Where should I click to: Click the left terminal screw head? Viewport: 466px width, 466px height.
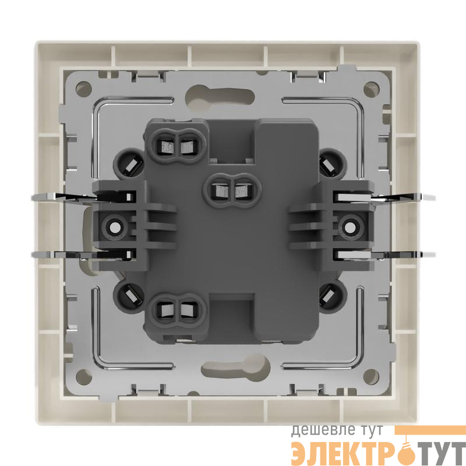coord(114,228)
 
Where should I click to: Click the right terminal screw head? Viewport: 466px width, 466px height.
coord(350,228)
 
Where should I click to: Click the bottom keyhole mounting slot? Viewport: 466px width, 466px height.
coord(235,370)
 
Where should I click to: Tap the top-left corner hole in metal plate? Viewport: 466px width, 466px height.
coord(83,89)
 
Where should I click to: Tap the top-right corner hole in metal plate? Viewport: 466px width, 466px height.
coord(372,89)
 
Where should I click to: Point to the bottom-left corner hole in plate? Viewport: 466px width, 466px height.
coord(83,376)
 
